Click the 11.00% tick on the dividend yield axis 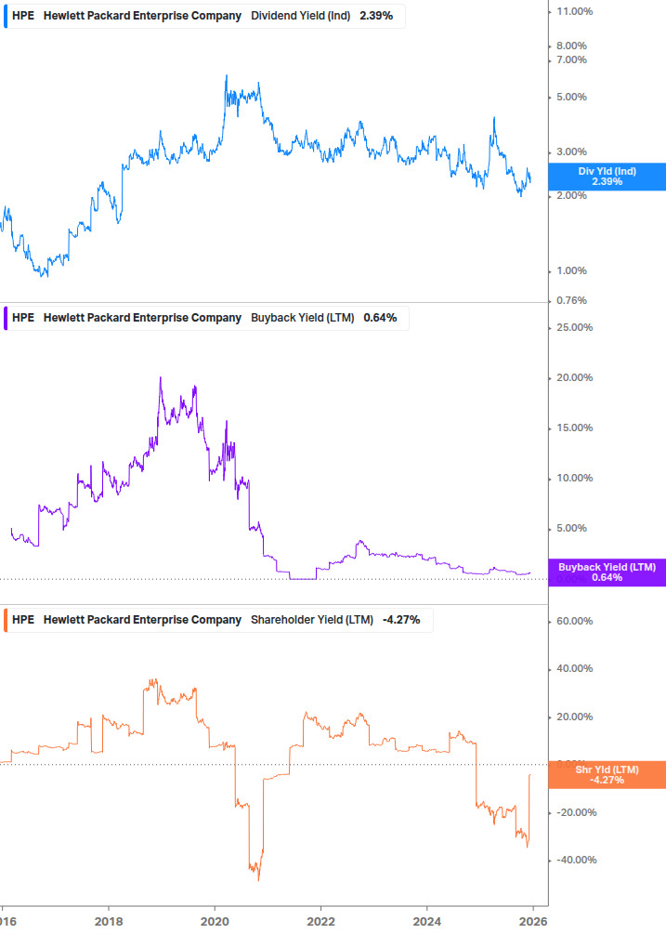coord(573,11)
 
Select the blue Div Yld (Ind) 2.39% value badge coord(607,177)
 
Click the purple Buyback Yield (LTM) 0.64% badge coord(607,572)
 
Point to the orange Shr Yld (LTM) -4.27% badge coord(607,774)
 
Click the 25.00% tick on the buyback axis coord(573,327)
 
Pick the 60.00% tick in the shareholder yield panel coord(573,621)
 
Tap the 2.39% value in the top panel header coord(377,16)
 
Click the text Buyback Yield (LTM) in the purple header coord(303,317)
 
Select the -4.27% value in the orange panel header coord(401,619)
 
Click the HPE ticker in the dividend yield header coord(23,16)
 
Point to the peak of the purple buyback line coord(160,377)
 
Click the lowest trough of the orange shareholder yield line coord(258,880)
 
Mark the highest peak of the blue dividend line coord(227,75)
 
